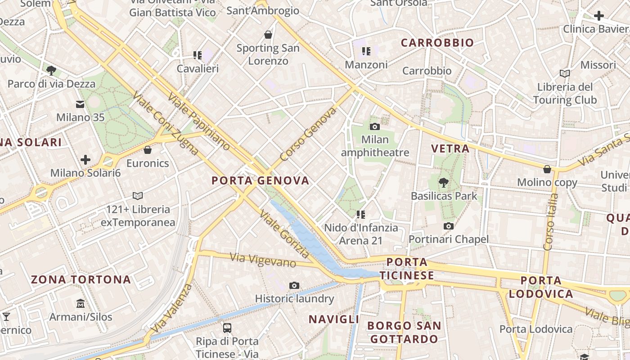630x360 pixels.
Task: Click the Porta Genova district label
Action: pyautogui.click(x=261, y=181)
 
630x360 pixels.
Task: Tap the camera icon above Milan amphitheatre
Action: pyautogui.click(x=374, y=127)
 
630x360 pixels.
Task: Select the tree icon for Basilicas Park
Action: pyautogui.click(x=444, y=182)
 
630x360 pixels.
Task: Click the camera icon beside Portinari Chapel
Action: pyautogui.click(x=448, y=226)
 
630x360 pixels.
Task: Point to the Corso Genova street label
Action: pyautogui.click(x=308, y=134)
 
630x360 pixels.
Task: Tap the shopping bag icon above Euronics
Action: pyautogui.click(x=148, y=150)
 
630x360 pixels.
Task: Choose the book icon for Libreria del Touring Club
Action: pyautogui.click(x=565, y=73)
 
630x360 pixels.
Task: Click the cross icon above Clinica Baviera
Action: pyautogui.click(x=598, y=16)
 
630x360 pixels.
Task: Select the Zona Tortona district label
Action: pyautogui.click(x=81, y=279)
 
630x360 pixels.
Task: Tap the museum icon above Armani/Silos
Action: pyautogui.click(x=81, y=303)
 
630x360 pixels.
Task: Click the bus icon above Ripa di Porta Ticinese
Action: pyautogui.click(x=227, y=328)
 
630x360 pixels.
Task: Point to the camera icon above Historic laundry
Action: pyautogui.click(x=294, y=285)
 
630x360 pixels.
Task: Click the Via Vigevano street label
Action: pyautogui.click(x=263, y=261)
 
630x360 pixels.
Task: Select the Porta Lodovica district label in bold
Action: pyautogui.click(x=540, y=287)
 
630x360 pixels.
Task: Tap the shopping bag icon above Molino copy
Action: pyautogui.click(x=547, y=169)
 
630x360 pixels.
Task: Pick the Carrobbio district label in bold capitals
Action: pyautogui.click(x=437, y=43)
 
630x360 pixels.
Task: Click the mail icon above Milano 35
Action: pyautogui.click(x=80, y=104)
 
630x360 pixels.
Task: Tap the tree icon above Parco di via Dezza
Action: pyautogui.click(x=51, y=70)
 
